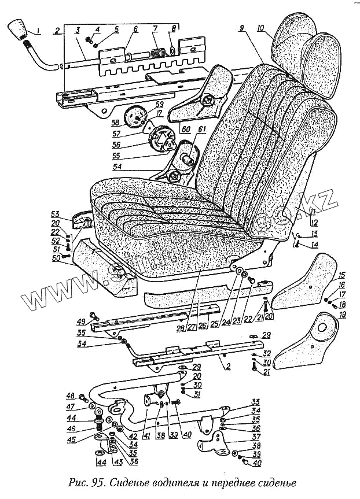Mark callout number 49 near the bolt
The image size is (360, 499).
pos(80,321)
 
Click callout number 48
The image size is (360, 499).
pos(71,395)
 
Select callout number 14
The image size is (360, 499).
pos(315,245)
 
